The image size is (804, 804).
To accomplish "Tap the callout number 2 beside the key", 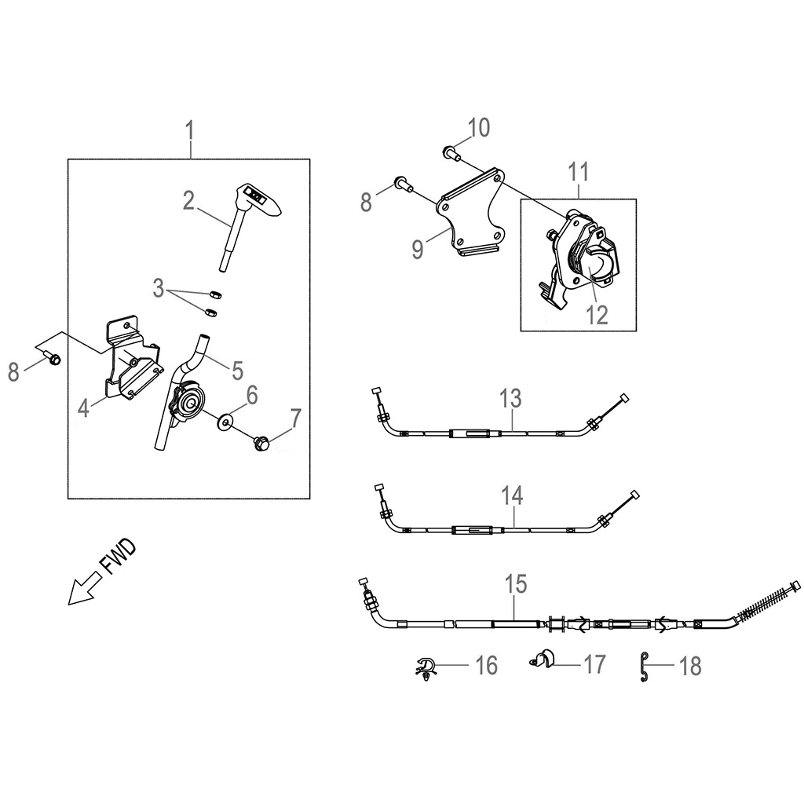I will pyautogui.click(x=188, y=201).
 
